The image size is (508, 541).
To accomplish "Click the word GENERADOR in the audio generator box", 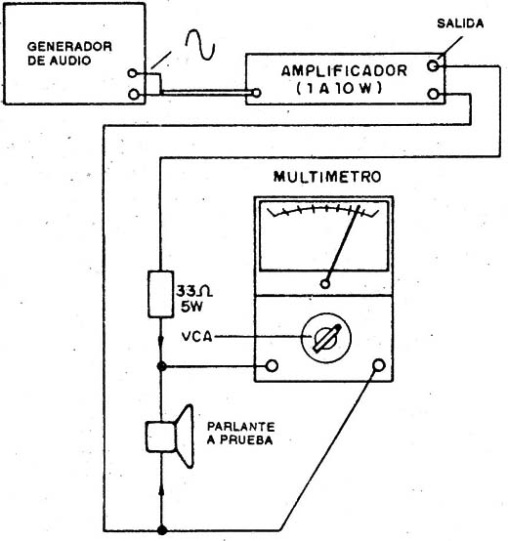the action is pyautogui.click(x=69, y=47).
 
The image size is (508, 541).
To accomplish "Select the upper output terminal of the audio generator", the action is pyautogui.click(x=132, y=73).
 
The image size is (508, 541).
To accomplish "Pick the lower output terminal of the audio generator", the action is pyautogui.click(x=134, y=94).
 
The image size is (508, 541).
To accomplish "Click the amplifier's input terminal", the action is pyautogui.click(x=256, y=93).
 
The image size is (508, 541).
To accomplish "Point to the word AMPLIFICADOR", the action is pyautogui.click(x=344, y=71).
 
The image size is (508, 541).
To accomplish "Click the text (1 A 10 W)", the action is pyautogui.click(x=339, y=89).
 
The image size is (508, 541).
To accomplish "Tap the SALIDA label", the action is pyautogui.click(x=460, y=23).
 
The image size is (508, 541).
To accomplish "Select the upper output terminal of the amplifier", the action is pyautogui.click(x=433, y=65).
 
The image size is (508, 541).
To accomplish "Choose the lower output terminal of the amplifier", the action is pyautogui.click(x=433, y=94).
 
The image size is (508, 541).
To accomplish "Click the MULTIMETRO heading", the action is pyautogui.click(x=327, y=177).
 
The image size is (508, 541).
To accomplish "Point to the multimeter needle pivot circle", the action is pyautogui.click(x=325, y=284).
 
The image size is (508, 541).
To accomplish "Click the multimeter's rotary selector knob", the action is pyautogui.click(x=326, y=338).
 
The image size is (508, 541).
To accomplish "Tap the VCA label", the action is pyautogui.click(x=196, y=337).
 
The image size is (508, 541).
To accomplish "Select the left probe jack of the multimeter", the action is pyautogui.click(x=272, y=366).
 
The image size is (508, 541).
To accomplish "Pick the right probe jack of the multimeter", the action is pyautogui.click(x=379, y=365).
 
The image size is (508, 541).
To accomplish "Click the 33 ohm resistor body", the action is pyautogui.click(x=160, y=294).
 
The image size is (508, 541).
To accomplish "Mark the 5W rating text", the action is pyautogui.click(x=191, y=307).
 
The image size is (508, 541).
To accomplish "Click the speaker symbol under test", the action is pyautogui.click(x=170, y=437).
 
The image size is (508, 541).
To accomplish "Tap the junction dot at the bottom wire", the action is pyautogui.click(x=162, y=530).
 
